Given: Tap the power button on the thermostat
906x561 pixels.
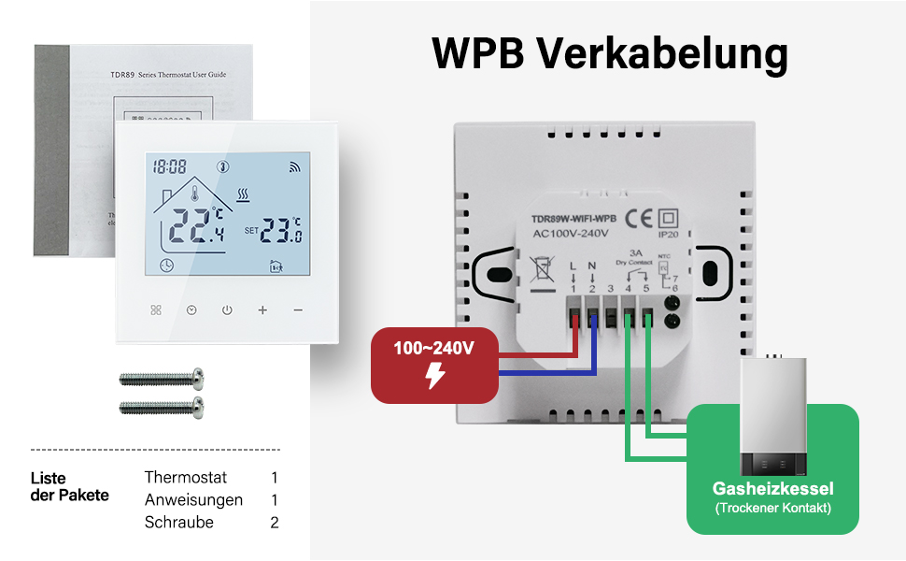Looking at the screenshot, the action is (x=226, y=309).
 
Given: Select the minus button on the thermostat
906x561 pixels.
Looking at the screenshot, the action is (x=297, y=309).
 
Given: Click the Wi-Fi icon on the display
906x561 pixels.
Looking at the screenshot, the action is (x=295, y=168).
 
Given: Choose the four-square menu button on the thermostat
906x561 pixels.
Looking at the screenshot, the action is (x=156, y=309).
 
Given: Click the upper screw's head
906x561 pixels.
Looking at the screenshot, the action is (x=196, y=379).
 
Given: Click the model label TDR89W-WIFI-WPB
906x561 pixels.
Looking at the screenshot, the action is (x=573, y=220).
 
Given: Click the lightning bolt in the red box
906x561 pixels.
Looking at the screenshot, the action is (x=434, y=377).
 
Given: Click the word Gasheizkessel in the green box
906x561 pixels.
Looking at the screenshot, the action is (x=772, y=489).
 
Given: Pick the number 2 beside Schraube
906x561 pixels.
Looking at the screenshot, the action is (x=275, y=523).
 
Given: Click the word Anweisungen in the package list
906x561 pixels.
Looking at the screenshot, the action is (x=193, y=500).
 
